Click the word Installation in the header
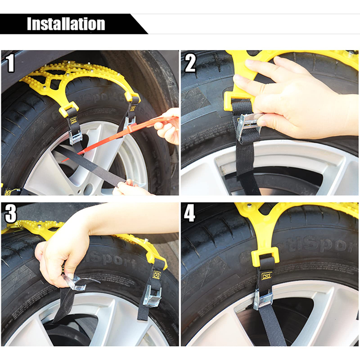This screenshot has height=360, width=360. click(66, 24)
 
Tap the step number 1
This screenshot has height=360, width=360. click(11, 63)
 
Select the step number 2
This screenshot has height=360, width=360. click(190, 63)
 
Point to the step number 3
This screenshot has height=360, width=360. click(11, 214)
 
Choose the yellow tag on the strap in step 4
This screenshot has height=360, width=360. click(266, 276)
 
